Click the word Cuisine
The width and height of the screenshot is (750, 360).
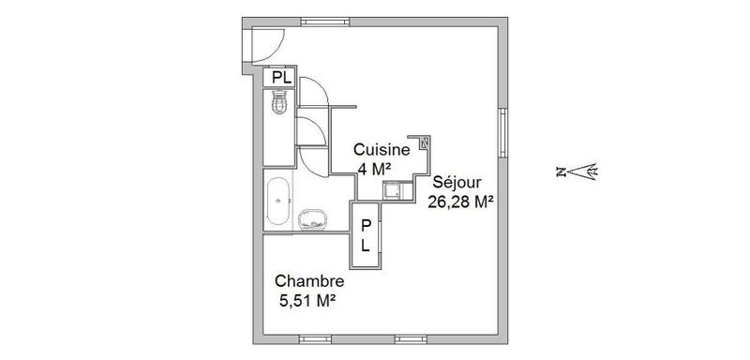click(381, 150)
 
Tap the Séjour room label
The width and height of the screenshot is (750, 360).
click(455, 183)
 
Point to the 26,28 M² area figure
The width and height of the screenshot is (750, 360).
click(461, 202)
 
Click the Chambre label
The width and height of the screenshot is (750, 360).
click(308, 281)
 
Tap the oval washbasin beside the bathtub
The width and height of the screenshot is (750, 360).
click(311, 221)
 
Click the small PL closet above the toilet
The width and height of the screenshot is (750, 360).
click(280, 78)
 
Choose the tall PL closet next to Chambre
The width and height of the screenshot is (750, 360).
click(367, 234)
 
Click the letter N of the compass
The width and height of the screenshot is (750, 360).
click(560, 172)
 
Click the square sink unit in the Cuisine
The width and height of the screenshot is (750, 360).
click(395, 190)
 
